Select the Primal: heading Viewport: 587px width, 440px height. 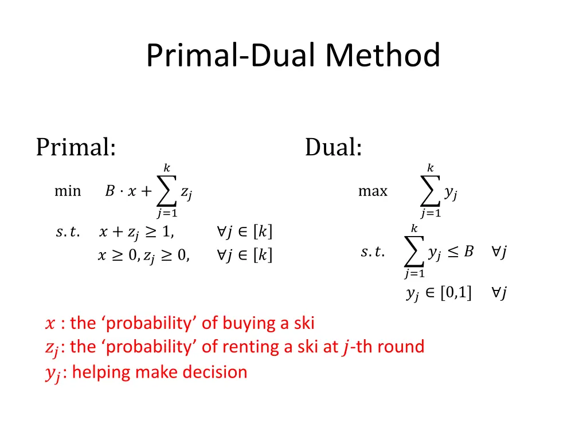click(76, 147)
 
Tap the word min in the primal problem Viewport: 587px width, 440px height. click(67, 191)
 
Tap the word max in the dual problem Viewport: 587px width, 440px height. click(373, 191)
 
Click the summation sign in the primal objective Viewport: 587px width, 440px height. click(166, 192)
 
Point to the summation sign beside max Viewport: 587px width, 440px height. click(430, 192)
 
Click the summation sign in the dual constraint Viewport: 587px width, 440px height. click(414, 252)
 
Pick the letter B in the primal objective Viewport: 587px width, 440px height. click(109, 191)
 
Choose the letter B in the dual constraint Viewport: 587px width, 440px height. click(468, 252)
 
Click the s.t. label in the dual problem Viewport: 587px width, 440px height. click(373, 252)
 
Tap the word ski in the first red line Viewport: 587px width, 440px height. click(304, 323)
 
